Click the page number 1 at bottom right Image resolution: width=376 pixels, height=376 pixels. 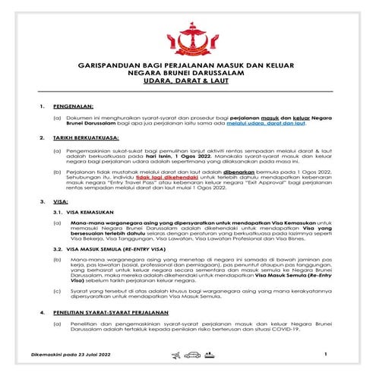coord(324,354)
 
